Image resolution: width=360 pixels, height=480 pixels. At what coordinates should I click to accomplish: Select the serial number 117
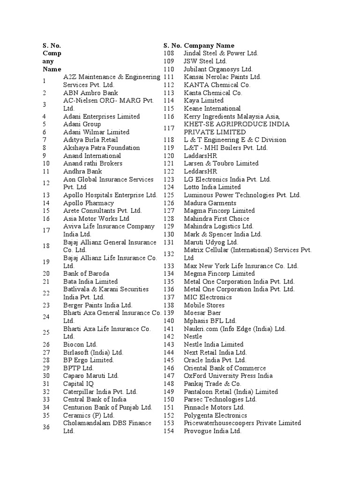click(x=169, y=128)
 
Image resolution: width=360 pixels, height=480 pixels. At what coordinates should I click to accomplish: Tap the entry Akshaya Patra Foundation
click(x=101, y=148)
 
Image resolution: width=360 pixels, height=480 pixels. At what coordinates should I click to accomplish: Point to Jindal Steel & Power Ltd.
click(x=221, y=53)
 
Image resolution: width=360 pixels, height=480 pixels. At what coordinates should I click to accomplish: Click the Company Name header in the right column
click(x=209, y=45)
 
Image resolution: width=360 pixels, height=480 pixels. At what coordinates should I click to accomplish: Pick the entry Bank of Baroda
click(x=86, y=273)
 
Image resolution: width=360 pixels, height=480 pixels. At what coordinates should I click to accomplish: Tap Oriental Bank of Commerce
click(x=225, y=368)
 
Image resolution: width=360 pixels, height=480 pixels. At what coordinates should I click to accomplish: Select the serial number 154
click(x=169, y=431)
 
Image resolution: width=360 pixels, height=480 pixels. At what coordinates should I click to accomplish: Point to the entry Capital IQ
click(x=78, y=383)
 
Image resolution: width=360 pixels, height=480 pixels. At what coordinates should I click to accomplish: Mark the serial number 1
click(x=44, y=81)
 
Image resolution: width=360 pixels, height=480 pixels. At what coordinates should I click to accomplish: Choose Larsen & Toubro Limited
click(x=221, y=163)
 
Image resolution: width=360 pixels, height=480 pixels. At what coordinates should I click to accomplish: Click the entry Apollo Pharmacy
click(x=89, y=203)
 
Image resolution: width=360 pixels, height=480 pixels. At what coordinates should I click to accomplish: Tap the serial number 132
click(x=169, y=254)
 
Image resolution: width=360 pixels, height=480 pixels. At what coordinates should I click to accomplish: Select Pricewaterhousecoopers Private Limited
click(x=242, y=423)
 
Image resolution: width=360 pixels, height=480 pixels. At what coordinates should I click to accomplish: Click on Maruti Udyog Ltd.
click(x=211, y=242)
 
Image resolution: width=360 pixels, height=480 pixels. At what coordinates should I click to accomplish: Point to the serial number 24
click(x=46, y=317)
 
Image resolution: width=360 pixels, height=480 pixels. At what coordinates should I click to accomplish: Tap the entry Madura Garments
click(x=210, y=203)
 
